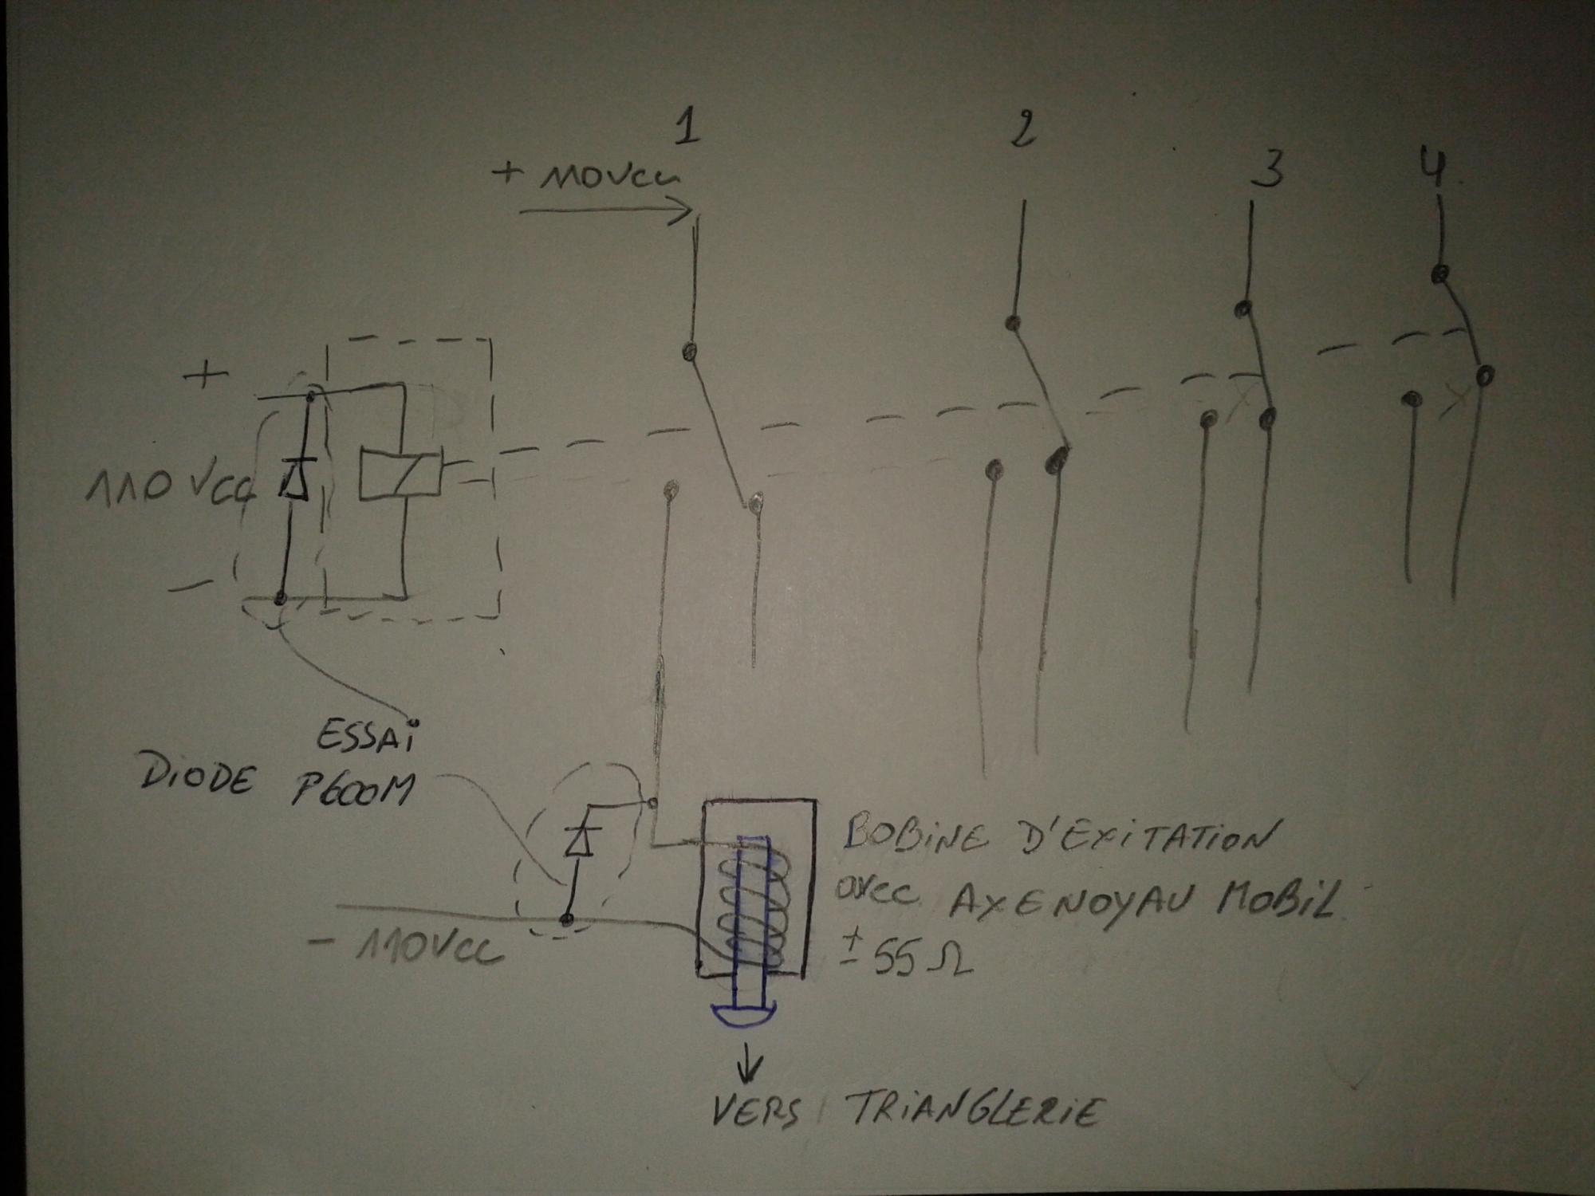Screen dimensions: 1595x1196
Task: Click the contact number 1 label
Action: tap(687, 128)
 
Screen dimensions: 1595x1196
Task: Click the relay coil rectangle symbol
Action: tap(400, 476)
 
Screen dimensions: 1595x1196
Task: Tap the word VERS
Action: tap(755, 1111)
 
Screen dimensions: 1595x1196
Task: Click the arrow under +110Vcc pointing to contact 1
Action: tap(606, 214)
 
